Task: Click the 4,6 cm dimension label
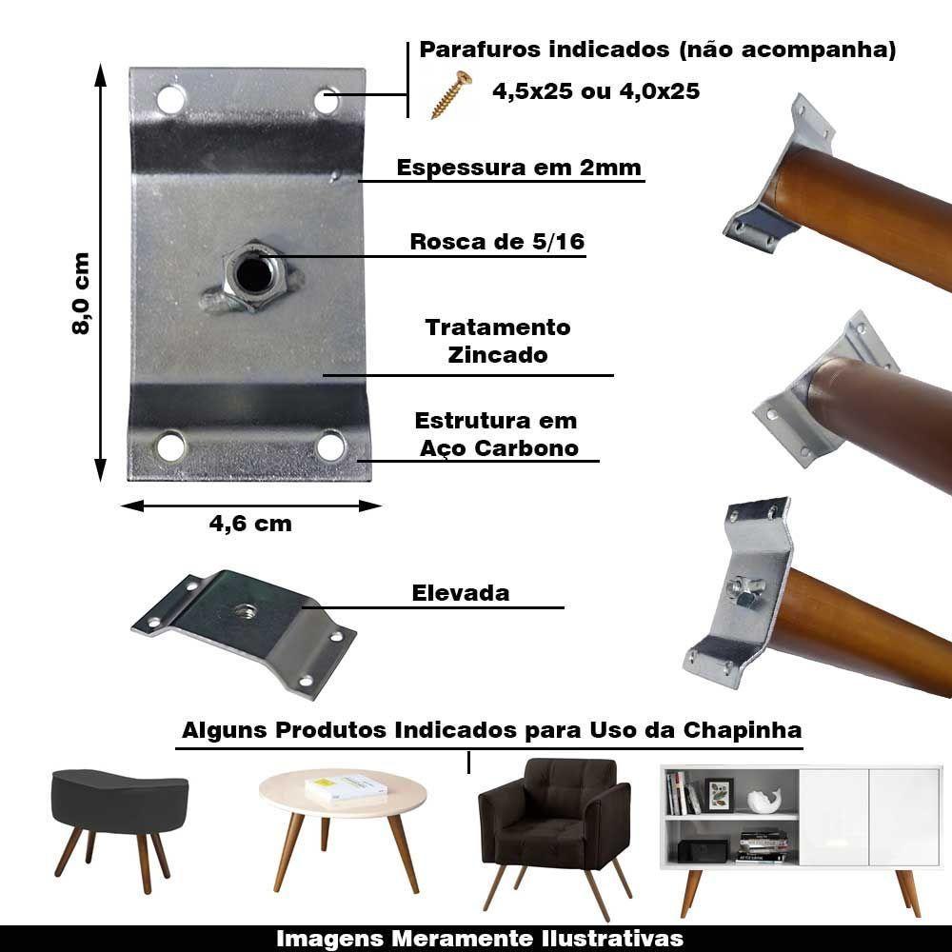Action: [x=249, y=524]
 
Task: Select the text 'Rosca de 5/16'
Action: [x=497, y=242]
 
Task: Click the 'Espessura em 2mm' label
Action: [x=519, y=169]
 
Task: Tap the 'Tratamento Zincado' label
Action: [x=498, y=341]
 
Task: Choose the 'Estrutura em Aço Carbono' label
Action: [x=497, y=434]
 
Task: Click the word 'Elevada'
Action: [x=461, y=593]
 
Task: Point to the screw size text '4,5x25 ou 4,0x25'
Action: [x=596, y=92]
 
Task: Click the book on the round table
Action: [x=346, y=787]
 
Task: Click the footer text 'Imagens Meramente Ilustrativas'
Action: [x=479, y=938]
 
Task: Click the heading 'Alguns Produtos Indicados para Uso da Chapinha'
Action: [x=491, y=730]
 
